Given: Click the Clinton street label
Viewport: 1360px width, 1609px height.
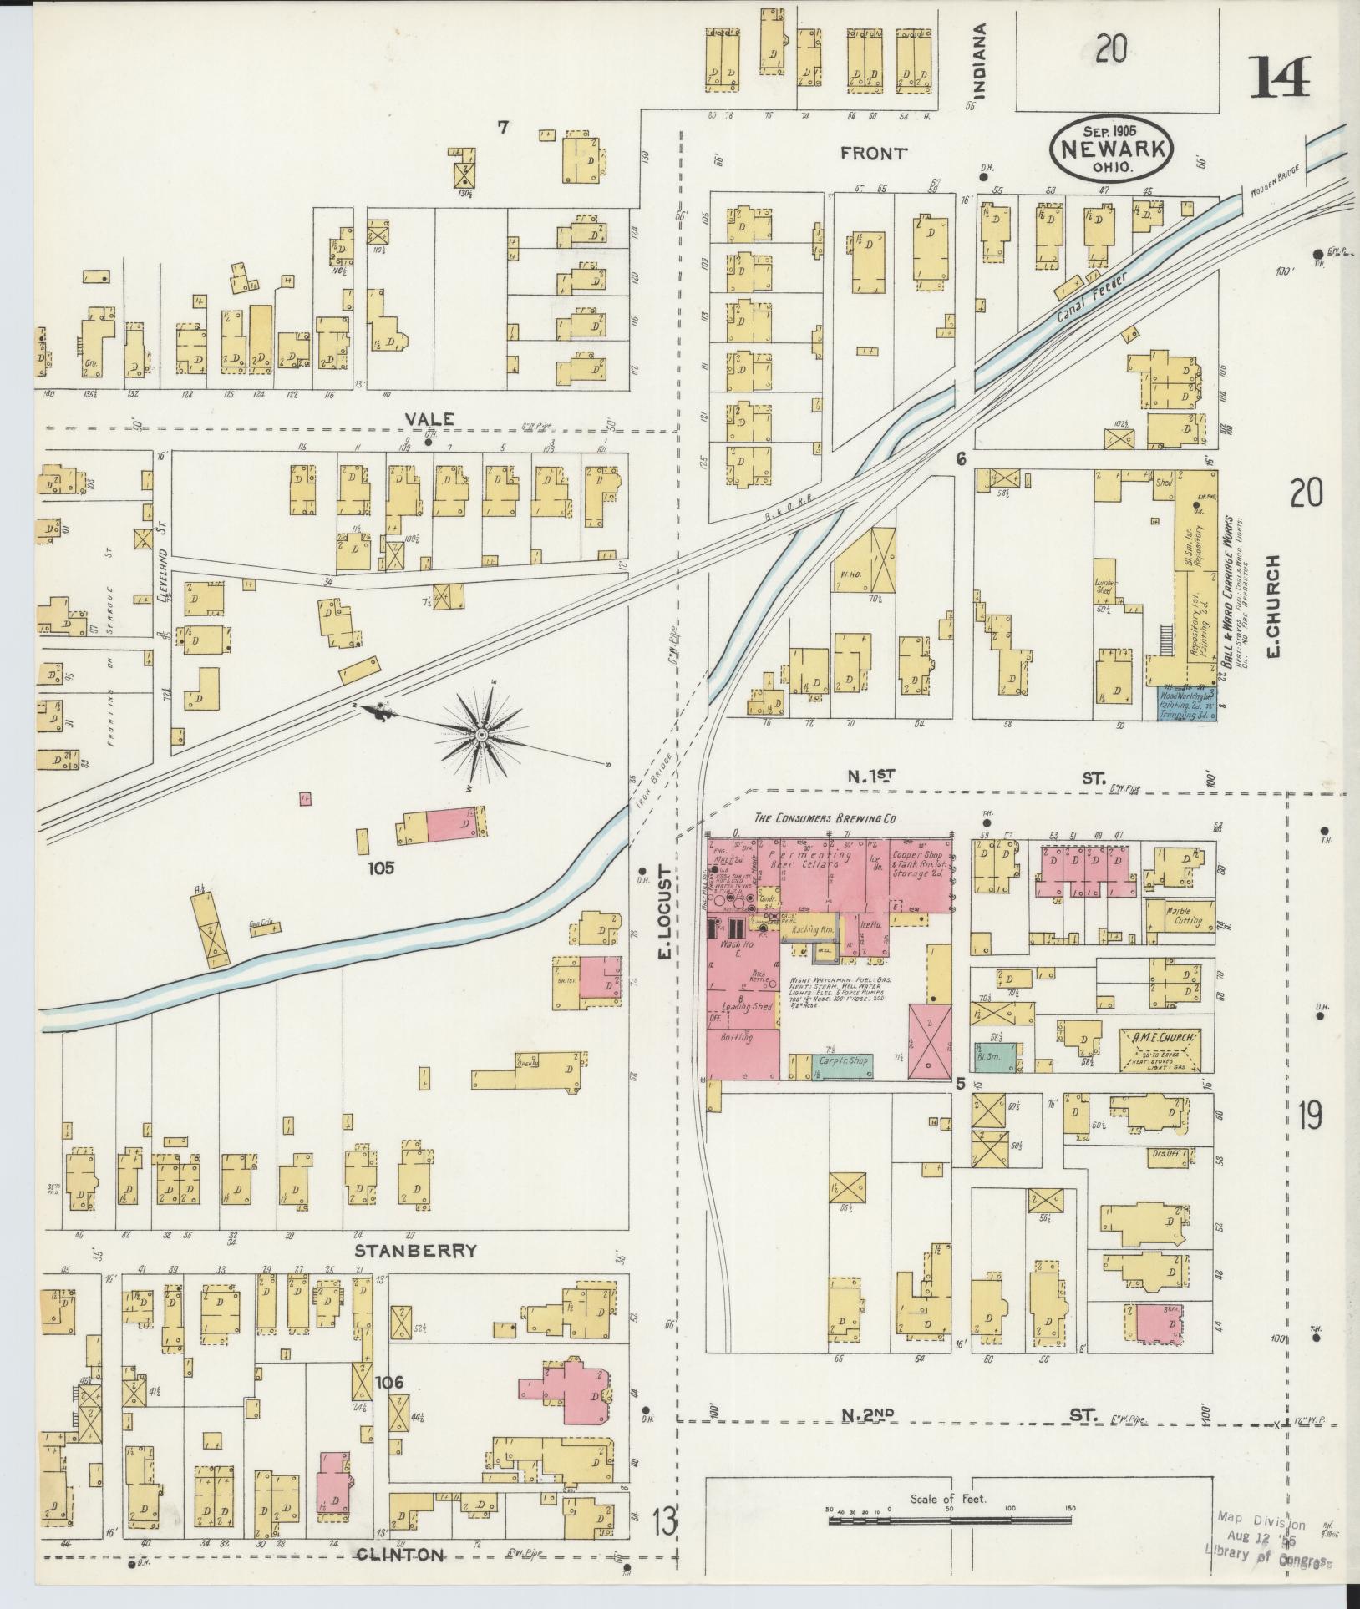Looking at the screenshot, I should coord(399,1554).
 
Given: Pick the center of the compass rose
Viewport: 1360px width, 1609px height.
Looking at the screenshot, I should coord(482,734).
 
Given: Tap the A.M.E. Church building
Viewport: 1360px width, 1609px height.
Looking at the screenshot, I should coord(1160,1050).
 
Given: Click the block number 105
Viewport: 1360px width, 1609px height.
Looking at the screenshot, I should coord(384,868).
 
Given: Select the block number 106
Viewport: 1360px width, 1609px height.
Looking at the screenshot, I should coord(389,1383).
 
